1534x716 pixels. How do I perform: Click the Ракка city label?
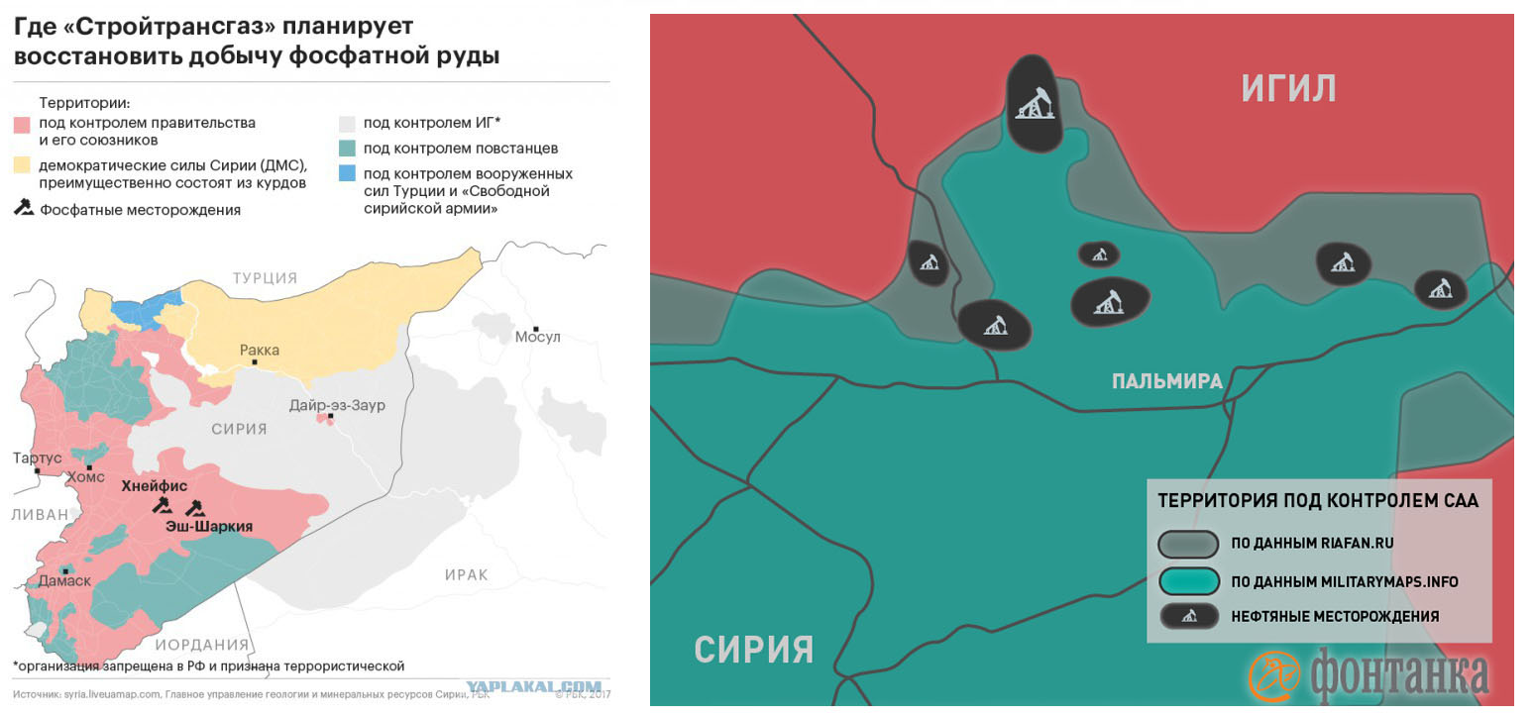(259, 350)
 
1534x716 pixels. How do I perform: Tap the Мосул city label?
(537, 338)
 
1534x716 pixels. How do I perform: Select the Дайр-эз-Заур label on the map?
(337, 405)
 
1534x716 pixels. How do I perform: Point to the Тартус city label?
(37, 459)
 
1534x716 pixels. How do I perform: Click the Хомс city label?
(84, 477)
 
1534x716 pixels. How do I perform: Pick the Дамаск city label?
(64, 581)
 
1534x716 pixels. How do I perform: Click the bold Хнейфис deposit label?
(154, 486)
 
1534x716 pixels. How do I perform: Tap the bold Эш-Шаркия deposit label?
(208, 527)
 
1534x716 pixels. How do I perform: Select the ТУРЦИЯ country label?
(265, 278)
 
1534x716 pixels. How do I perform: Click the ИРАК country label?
(466, 575)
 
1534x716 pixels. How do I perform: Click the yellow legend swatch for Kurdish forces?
(22, 164)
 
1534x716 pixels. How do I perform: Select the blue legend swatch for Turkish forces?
(346, 173)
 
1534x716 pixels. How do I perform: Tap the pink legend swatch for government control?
(22, 124)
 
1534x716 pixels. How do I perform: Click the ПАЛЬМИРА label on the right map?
(1166, 382)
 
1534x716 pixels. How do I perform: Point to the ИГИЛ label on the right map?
(1288, 89)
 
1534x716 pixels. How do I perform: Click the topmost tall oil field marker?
(1036, 103)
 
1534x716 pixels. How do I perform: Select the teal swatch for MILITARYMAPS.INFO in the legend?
(1188, 581)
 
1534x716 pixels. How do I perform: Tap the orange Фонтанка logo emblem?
(1273, 675)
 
